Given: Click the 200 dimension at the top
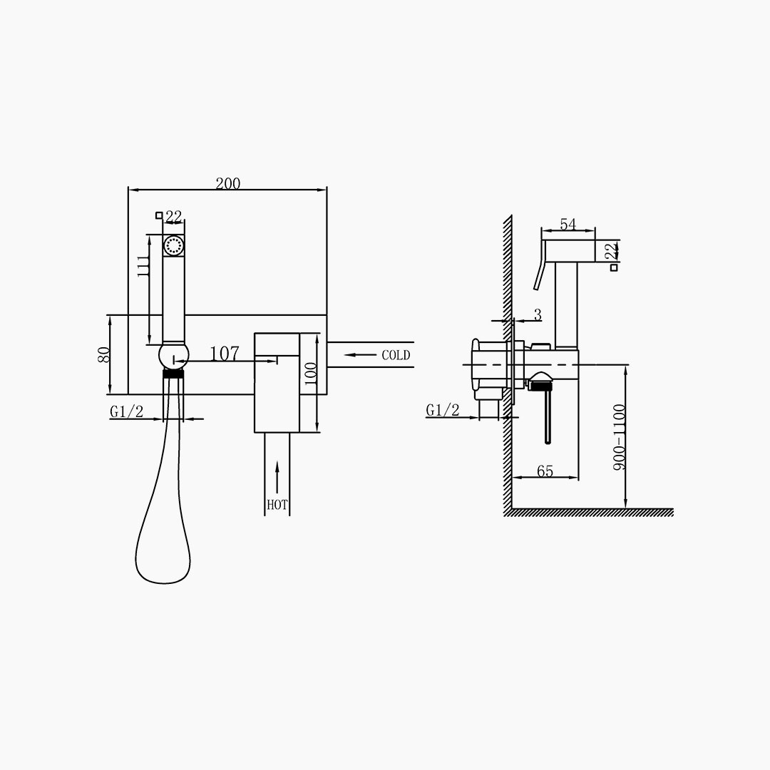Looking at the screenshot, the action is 228,184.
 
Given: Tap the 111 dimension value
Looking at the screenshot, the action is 143,266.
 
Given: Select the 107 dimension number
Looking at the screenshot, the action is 225,354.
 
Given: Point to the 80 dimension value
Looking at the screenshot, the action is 103,354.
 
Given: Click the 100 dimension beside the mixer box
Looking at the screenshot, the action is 311,374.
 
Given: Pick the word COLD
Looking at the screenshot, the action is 396,355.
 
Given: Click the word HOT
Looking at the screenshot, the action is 277,504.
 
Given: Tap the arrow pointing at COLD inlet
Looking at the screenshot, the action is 360,354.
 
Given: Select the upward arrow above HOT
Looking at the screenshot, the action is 277,477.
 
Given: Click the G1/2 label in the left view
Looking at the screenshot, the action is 127,411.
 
